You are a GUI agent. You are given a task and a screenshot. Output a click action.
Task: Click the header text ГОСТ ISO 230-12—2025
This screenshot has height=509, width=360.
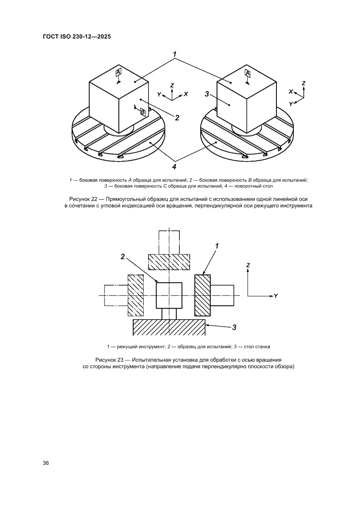76,37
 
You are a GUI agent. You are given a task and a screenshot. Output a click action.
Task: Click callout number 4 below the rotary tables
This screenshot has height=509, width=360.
174,166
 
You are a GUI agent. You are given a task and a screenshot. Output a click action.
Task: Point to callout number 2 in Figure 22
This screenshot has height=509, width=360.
177,117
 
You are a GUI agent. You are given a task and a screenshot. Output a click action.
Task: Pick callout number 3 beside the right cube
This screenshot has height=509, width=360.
207,94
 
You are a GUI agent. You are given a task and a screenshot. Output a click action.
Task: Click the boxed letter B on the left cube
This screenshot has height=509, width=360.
142,112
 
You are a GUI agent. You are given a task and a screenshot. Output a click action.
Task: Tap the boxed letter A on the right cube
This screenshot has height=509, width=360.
247,73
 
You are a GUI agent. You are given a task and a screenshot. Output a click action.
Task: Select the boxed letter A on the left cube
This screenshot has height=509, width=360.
118,71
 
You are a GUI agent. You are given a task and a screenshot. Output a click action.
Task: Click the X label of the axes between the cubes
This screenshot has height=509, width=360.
186,94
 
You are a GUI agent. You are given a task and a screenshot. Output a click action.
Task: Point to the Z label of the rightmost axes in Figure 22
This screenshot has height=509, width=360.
303,83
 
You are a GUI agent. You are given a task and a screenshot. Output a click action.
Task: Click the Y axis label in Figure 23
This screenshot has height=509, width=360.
276,296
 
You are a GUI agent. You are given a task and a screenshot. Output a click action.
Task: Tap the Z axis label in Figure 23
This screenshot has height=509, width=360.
248,265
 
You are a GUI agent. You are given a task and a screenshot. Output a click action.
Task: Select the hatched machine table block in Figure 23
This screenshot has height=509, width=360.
169,327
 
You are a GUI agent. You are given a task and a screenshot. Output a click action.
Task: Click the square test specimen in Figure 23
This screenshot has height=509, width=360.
169,295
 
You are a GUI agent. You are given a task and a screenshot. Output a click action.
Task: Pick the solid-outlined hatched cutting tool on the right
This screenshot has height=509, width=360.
202,295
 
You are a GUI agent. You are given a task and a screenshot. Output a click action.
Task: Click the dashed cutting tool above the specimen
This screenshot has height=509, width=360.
169,262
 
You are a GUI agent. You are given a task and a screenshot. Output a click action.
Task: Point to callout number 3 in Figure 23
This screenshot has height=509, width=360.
234,327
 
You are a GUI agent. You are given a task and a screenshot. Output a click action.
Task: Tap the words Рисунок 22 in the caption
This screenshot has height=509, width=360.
81,199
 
